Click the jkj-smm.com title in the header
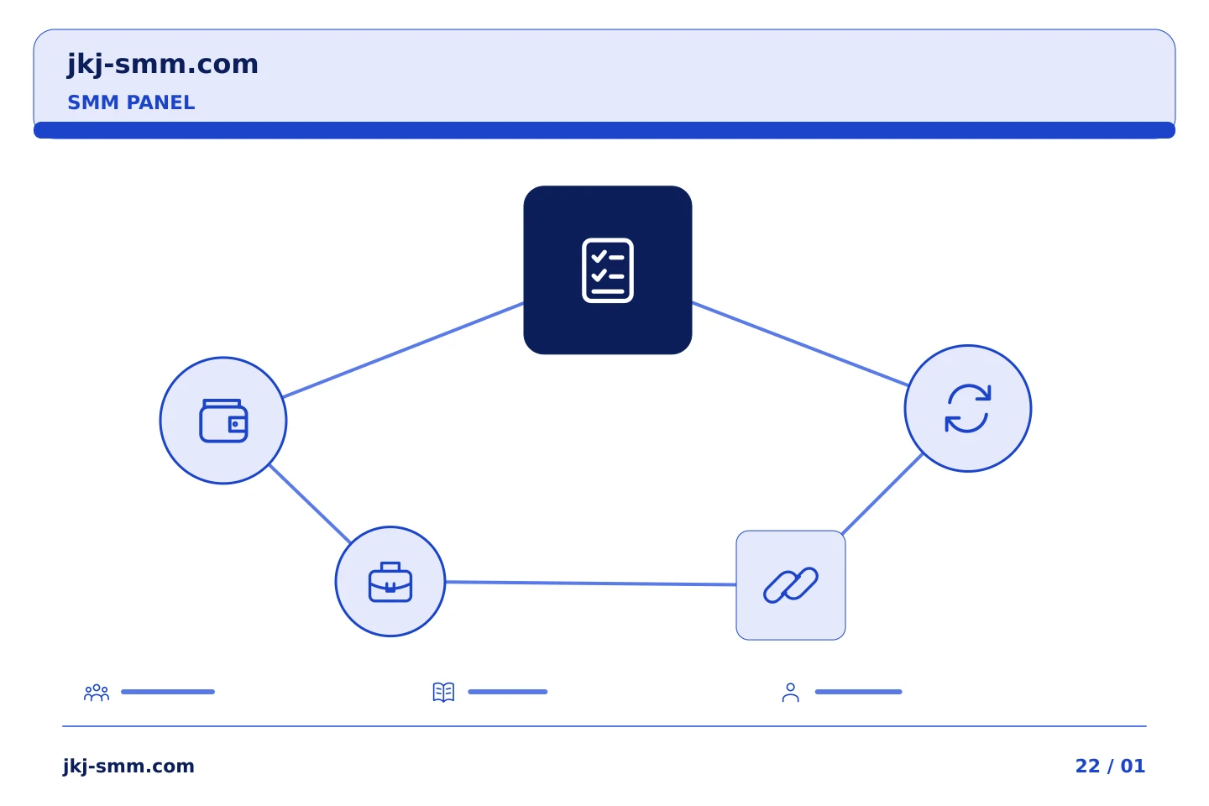163,65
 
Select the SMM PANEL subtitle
131,102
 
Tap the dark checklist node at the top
608,270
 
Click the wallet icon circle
223,421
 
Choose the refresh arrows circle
968,408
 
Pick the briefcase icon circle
390,582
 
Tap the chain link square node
791,585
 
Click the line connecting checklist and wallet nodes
403,350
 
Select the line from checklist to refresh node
800,344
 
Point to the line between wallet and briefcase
311,503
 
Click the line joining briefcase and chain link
590,583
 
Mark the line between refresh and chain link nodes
882,495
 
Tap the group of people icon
97,692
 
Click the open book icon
443,692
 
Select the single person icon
791,692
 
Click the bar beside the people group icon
168,692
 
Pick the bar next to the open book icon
508,692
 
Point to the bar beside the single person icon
859,692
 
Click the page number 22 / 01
1110,766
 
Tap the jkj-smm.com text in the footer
128,767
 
